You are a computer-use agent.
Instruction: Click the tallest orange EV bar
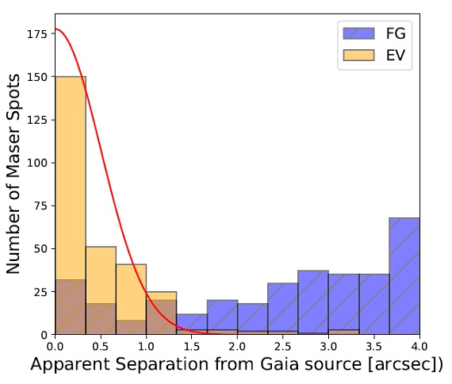click(x=71, y=205)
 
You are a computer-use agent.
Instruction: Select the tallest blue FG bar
click(x=404, y=276)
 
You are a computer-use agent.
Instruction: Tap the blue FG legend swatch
click(x=358, y=33)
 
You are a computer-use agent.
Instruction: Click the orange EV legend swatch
click(x=358, y=55)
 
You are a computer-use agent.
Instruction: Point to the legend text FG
click(x=396, y=33)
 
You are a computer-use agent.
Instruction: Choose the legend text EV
click(x=396, y=55)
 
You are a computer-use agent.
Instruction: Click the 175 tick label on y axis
click(x=37, y=34)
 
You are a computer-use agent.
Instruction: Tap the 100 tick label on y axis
click(x=37, y=163)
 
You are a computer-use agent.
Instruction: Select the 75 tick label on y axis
click(x=40, y=206)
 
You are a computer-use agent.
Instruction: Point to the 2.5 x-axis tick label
click(x=283, y=346)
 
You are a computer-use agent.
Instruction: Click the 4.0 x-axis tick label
click(x=419, y=346)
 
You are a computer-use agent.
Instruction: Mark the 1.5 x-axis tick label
click(x=192, y=346)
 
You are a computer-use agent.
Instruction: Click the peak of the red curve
click(x=56, y=29)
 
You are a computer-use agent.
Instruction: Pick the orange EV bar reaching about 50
click(x=101, y=290)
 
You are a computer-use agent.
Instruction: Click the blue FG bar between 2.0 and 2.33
click(x=252, y=319)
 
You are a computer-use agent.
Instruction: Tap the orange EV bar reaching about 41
click(x=131, y=299)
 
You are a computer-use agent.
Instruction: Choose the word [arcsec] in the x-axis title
click(x=402, y=365)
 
